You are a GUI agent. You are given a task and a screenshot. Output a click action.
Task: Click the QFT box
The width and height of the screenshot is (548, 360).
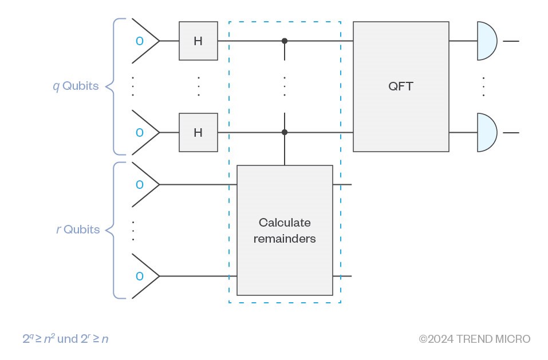tap(401, 86)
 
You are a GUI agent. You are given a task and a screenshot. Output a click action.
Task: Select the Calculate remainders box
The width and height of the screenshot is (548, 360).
tap(285, 230)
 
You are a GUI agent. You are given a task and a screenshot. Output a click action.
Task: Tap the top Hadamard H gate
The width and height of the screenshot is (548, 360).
tap(198, 41)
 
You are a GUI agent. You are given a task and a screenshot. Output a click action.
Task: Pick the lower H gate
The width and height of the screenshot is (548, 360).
tap(198, 132)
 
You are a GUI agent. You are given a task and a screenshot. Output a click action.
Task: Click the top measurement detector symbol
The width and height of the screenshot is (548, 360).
tap(487, 41)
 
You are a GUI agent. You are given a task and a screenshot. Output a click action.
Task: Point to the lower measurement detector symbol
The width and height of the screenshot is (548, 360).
tap(487, 132)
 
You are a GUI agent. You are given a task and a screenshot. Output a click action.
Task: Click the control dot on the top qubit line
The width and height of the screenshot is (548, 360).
tap(285, 41)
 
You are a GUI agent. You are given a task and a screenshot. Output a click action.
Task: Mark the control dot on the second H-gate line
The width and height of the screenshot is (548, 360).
tap(285, 132)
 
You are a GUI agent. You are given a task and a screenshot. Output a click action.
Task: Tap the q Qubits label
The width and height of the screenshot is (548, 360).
tap(76, 86)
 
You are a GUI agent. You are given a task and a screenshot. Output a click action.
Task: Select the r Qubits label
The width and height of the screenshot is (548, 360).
tap(78, 230)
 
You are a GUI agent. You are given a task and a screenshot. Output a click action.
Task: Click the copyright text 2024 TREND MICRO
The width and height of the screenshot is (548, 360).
tap(475, 339)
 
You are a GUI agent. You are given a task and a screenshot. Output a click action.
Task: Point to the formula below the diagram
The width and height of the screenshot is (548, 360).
tap(65, 339)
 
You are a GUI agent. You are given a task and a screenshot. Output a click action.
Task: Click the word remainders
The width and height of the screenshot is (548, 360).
tap(285, 239)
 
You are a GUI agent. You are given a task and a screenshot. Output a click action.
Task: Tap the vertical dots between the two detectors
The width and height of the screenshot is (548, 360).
tap(483, 86)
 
